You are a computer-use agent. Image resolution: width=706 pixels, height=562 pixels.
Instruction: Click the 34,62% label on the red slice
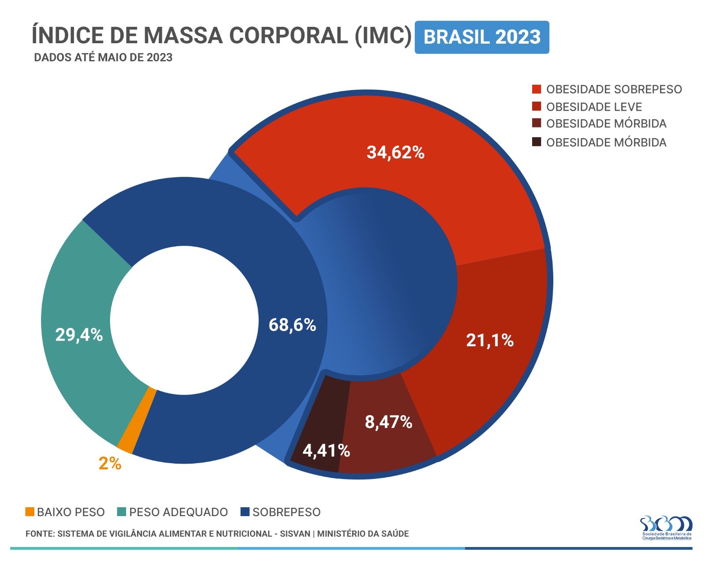(395, 153)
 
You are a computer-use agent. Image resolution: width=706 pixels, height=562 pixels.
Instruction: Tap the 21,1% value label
(490, 341)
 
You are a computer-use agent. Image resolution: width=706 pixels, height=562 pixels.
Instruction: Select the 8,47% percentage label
(388, 422)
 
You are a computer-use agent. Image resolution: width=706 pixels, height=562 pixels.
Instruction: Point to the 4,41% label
(326, 451)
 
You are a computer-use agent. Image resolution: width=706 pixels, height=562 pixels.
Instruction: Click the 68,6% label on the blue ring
(292, 325)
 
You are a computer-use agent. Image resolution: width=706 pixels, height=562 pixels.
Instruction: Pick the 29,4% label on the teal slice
(79, 335)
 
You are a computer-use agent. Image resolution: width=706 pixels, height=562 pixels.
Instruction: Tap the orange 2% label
(110, 464)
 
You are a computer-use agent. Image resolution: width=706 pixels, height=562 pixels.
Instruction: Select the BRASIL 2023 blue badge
(482, 37)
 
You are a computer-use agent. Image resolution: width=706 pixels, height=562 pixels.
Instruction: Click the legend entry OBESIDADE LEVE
(593, 107)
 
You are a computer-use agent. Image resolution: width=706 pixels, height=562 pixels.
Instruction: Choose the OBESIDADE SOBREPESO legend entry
(614, 90)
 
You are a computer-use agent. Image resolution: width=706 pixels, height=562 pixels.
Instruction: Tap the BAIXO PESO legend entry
(71, 512)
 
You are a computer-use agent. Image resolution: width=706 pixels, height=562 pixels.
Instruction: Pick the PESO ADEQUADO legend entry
(178, 512)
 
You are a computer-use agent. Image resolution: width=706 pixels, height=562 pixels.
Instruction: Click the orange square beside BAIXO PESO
(30, 512)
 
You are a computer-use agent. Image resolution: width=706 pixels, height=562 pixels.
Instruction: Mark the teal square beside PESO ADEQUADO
(122, 512)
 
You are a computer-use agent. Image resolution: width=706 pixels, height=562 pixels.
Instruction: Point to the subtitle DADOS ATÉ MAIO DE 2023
(103, 58)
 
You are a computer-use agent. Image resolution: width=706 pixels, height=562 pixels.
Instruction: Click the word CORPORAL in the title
(289, 35)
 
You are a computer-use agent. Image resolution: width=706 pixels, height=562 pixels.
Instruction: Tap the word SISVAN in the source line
(295, 534)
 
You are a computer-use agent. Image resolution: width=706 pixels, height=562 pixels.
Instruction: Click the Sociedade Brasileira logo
(666, 528)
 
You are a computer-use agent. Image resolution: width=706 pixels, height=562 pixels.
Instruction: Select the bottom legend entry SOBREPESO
(286, 512)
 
